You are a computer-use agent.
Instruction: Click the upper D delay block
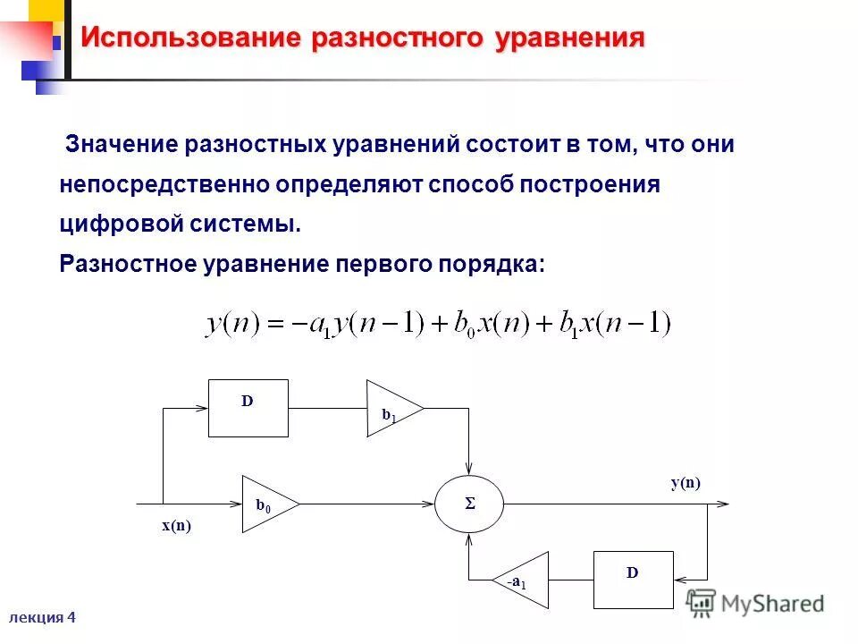click(x=248, y=408)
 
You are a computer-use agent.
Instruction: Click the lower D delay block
click(x=632, y=580)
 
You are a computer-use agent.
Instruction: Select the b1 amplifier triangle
click(x=391, y=410)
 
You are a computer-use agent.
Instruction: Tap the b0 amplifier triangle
click(x=265, y=504)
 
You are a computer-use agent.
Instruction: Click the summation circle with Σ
click(x=469, y=504)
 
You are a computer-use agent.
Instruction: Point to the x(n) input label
click(x=176, y=526)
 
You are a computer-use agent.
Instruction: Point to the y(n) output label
click(x=686, y=483)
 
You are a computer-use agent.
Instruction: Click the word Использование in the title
click(x=189, y=38)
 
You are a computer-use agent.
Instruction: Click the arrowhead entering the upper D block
click(x=202, y=408)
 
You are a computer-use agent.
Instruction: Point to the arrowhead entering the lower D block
click(x=677, y=580)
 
